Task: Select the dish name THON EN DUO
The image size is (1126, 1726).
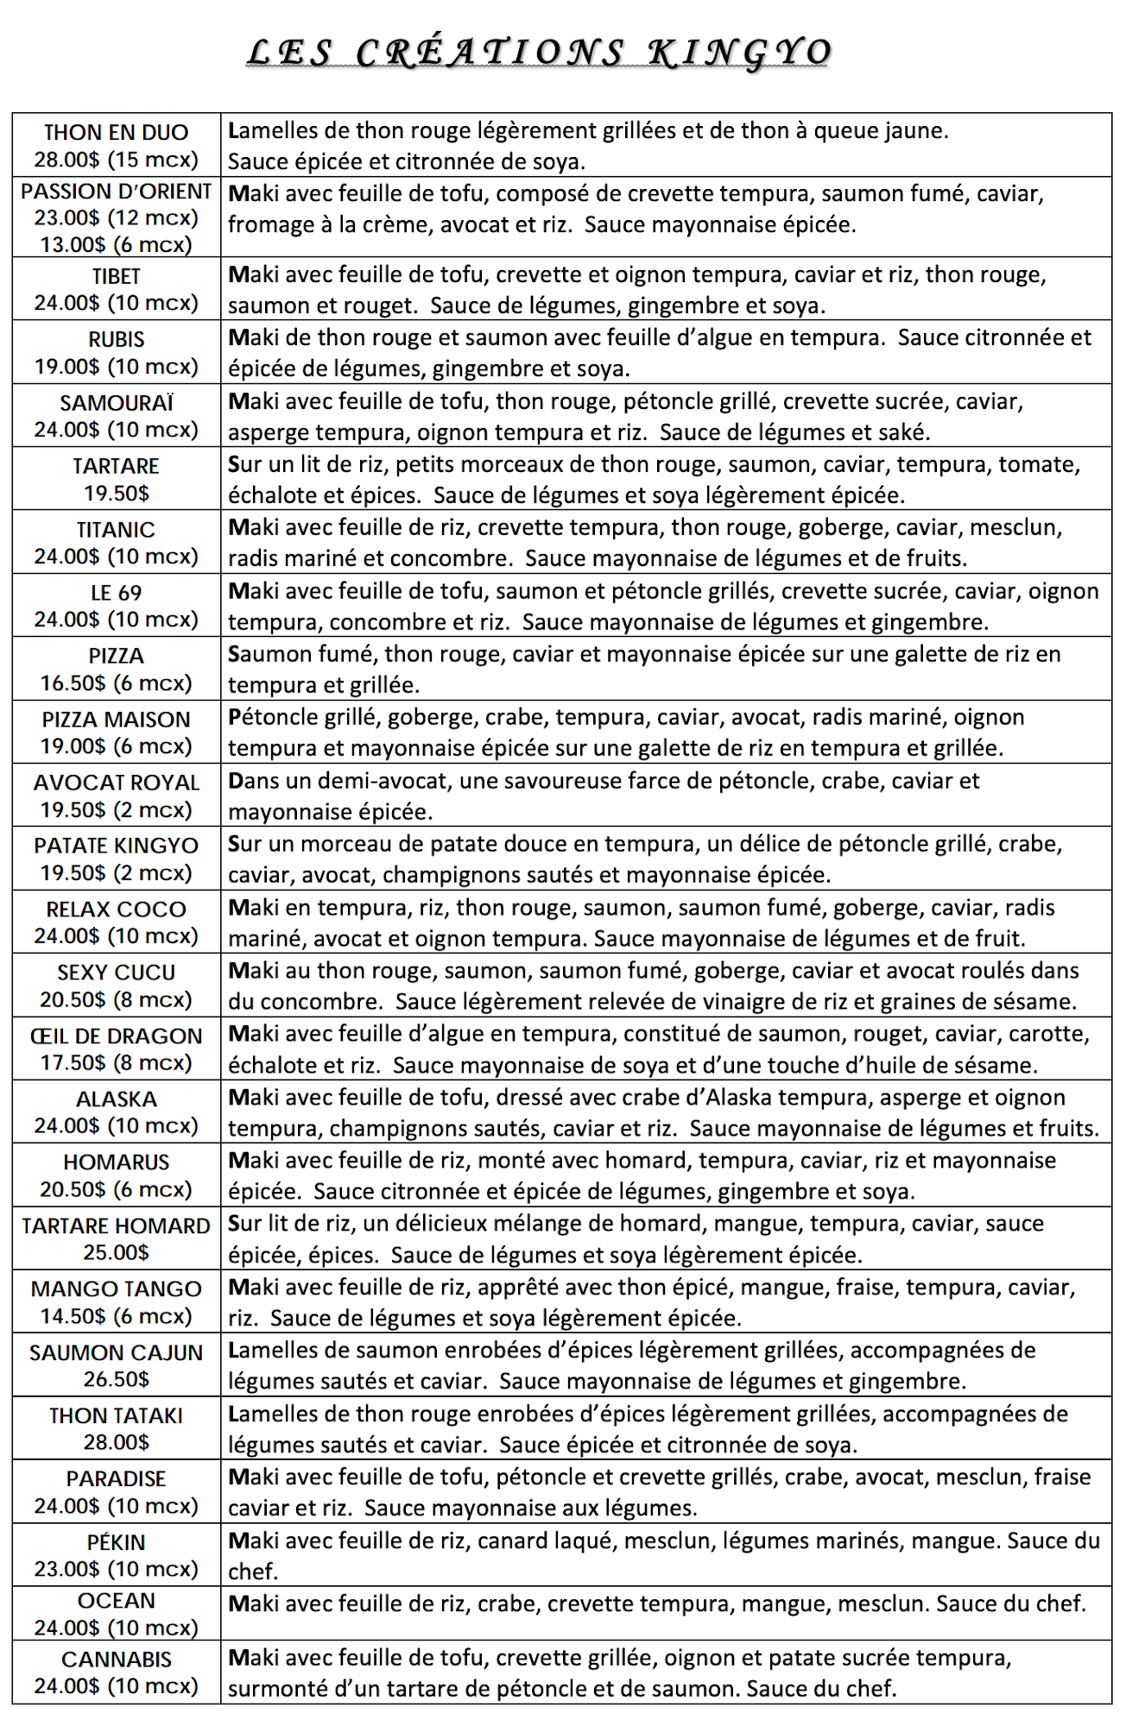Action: click(116, 133)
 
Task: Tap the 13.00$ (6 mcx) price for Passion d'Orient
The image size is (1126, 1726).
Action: click(116, 245)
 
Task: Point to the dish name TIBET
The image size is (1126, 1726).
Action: click(116, 277)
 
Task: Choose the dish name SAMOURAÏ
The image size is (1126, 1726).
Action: click(116, 403)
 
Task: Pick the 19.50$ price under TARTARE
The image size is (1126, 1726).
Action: click(116, 494)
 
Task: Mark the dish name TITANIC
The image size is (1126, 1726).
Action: click(116, 530)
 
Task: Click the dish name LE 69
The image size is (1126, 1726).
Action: click(116, 593)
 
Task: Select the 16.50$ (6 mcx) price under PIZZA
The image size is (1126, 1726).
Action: click(116, 683)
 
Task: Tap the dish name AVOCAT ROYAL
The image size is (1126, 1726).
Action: click(116, 783)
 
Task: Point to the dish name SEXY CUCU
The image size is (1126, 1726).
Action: click(116, 973)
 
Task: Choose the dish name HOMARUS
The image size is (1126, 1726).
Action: click(116, 1162)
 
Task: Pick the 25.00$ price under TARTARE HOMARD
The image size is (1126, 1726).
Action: click(116, 1252)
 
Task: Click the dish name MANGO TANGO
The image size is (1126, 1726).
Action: click(116, 1289)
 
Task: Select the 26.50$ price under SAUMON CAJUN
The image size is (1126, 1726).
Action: click(116, 1379)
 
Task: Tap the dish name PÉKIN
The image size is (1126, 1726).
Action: click(116, 1542)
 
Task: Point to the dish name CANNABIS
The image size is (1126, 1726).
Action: click(116, 1660)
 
